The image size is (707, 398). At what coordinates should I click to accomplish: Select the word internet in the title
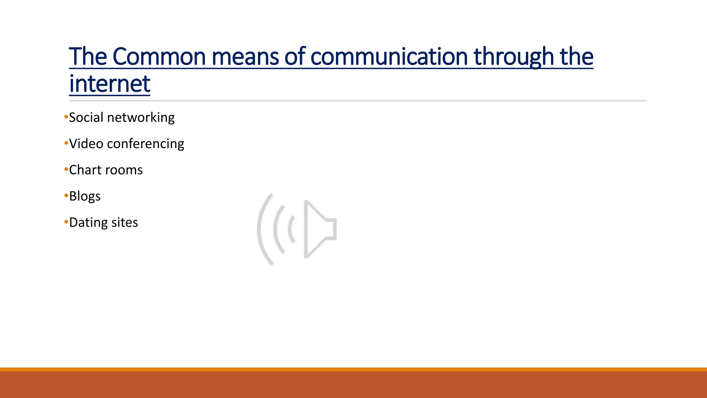pyautogui.click(x=109, y=84)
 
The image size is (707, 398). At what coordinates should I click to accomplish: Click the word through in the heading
pyautogui.click(x=514, y=57)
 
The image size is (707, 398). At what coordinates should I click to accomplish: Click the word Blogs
pyautogui.click(x=85, y=196)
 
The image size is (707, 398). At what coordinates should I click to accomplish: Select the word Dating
pyautogui.click(x=88, y=222)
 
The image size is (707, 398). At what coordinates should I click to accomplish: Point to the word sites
pyautogui.click(x=125, y=222)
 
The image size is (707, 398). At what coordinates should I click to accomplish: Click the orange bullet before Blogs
pyautogui.click(x=66, y=196)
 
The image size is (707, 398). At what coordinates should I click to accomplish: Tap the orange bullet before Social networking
pyautogui.click(x=66, y=117)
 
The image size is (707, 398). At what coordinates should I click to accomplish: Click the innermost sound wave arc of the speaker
pyautogui.click(x=290, y=229)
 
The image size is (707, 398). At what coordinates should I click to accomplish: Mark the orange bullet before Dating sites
pyautogui.click(x=66, y=222)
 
